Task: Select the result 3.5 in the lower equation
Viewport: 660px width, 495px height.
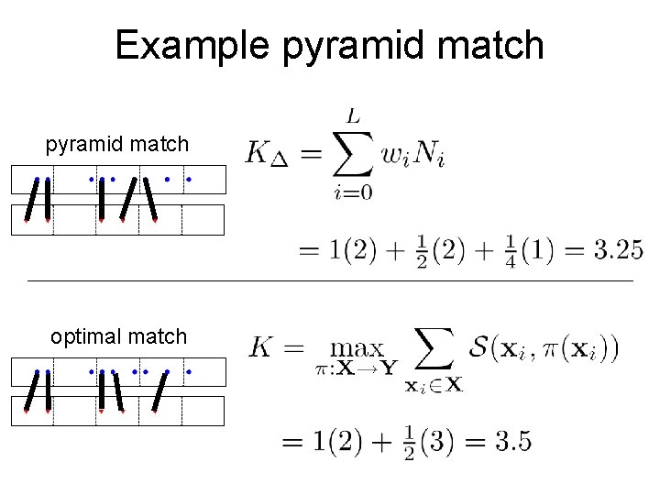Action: (512, 442)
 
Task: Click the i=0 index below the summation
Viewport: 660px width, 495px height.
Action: (353, 192)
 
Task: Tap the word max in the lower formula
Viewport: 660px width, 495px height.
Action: (357, 349)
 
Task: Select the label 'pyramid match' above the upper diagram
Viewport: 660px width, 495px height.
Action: (117, 144)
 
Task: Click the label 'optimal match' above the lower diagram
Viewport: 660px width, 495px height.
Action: (118, 336)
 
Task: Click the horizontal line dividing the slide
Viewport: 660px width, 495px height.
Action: (330, 280)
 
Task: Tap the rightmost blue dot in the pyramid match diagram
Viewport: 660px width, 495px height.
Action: (188, 179)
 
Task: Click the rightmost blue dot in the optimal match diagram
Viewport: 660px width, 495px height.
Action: (188, 371)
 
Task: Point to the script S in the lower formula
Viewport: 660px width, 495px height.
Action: (481, 347)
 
